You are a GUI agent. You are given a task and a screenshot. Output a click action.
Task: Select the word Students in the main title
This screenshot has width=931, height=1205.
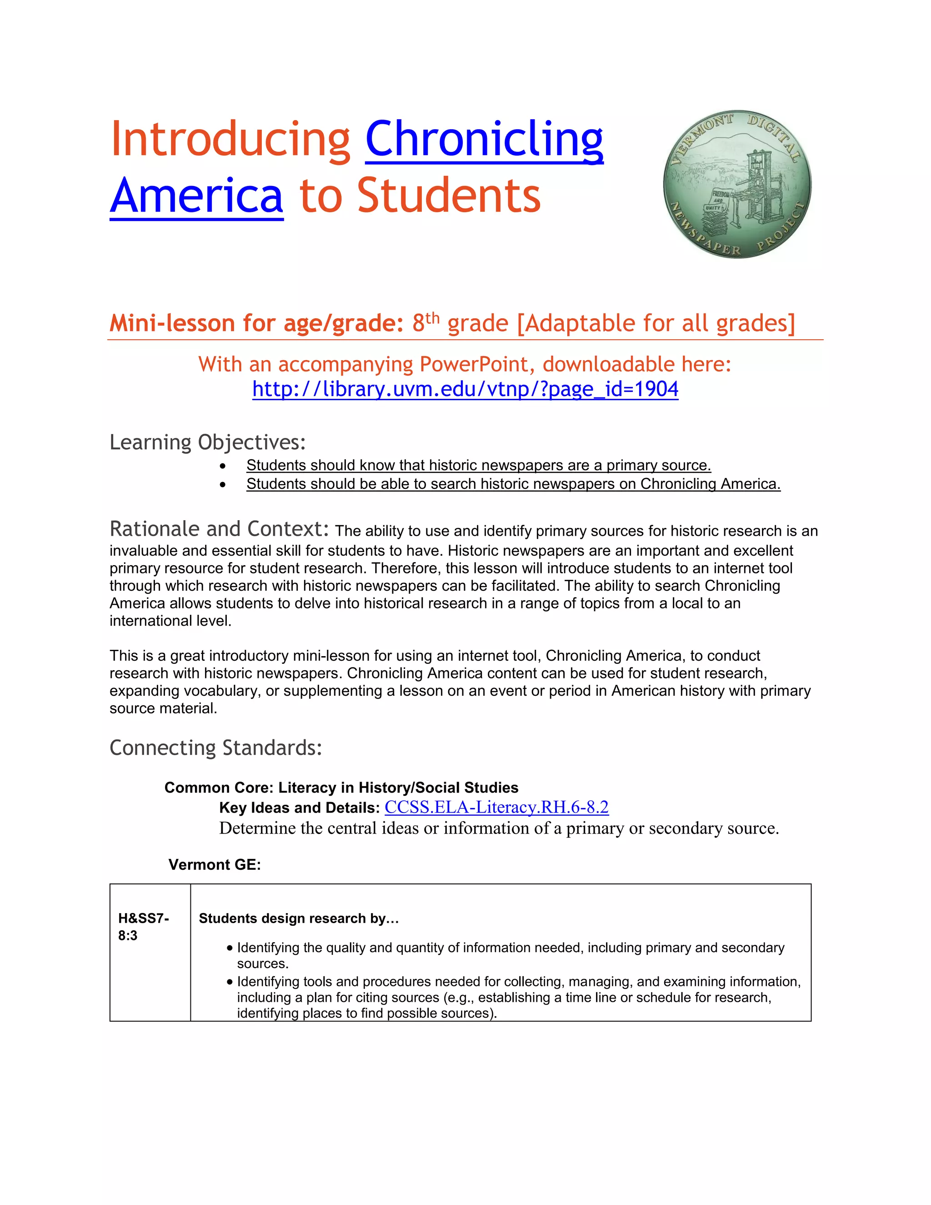[448, 196]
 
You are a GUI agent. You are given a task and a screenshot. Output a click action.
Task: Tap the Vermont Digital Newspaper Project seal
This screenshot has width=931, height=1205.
[737, 184]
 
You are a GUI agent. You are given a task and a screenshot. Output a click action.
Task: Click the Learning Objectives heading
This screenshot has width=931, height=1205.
[207, 442]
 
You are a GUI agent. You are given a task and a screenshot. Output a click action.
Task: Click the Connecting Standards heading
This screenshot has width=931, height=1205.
[215, 748]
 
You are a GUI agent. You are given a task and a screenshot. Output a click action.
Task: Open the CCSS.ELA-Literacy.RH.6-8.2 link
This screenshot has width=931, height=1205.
[496, 807]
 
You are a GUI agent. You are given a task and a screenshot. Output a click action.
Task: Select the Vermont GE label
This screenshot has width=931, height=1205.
[215, 864]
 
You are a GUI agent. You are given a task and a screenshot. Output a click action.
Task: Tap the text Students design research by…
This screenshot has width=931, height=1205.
[298, 918]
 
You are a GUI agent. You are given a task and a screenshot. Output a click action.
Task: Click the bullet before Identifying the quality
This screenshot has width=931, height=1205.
[230, 948]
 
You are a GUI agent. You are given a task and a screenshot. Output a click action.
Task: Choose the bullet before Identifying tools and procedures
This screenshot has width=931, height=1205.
[230, 982]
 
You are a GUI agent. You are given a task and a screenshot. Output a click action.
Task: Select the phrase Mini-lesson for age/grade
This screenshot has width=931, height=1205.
[256, 323]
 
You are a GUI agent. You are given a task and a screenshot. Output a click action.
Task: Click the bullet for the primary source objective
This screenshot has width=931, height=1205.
[222, 466]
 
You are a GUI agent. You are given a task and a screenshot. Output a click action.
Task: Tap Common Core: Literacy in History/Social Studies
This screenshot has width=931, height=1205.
[341, 787]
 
